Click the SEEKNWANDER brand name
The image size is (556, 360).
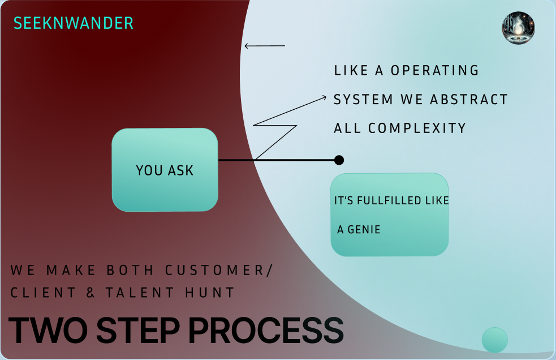(x=74, y=23)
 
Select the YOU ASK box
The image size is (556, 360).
(x=165, y=170)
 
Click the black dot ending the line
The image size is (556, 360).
(x=339, y=160)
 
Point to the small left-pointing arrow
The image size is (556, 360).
(x=264, y=46)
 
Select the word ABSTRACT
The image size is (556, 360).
(x=469, y=100)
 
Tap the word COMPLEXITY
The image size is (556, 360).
(x=417, y=128)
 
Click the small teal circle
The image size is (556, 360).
(x=494, y=340)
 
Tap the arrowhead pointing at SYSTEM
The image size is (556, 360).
(x=324, y=97)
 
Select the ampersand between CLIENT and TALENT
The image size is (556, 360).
(x=90, y=293)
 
